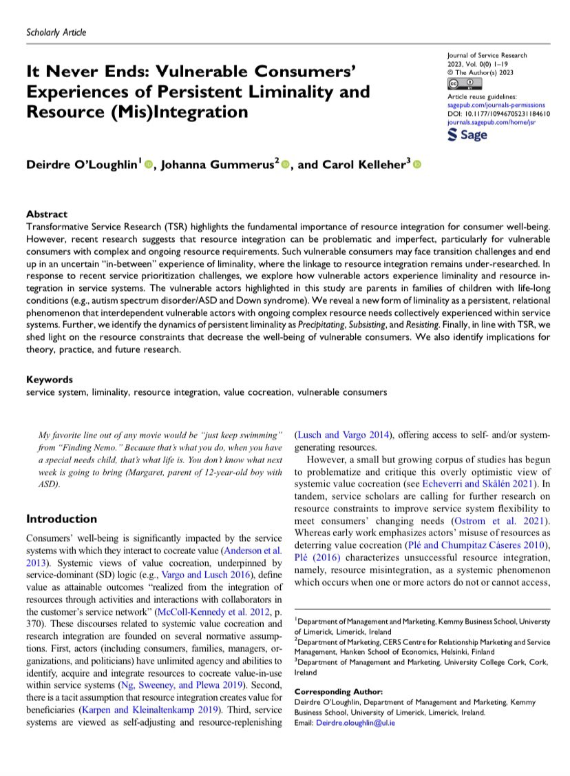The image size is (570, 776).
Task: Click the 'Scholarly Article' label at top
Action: [x=55, y=32]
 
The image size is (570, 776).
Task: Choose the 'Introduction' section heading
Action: [x=61, y=519]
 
